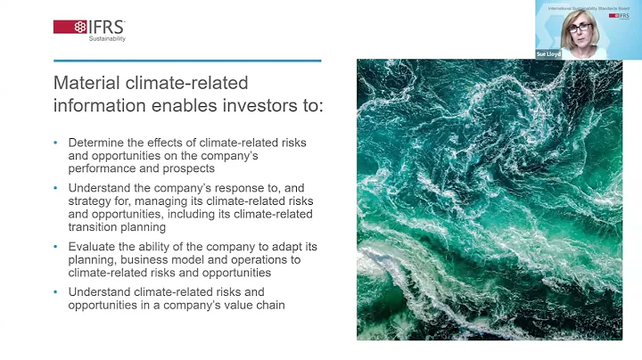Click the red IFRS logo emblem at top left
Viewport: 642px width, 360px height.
(70, 26)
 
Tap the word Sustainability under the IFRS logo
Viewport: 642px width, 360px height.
(107, 39)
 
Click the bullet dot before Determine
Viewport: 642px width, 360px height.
(55, 142)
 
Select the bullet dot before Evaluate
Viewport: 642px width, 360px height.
(55, 248)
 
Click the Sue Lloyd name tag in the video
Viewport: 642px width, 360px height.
(548, 54)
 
